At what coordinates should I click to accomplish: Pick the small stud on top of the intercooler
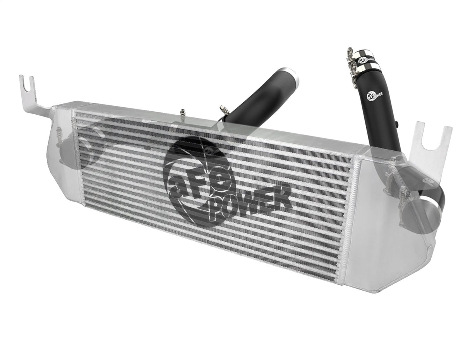182,113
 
